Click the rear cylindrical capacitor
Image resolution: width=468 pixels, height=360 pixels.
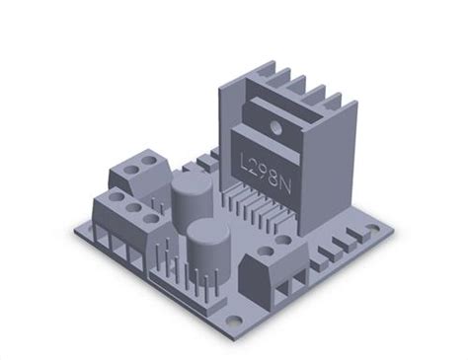[190, 197]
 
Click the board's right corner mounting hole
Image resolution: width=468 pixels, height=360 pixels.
[373, 228]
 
